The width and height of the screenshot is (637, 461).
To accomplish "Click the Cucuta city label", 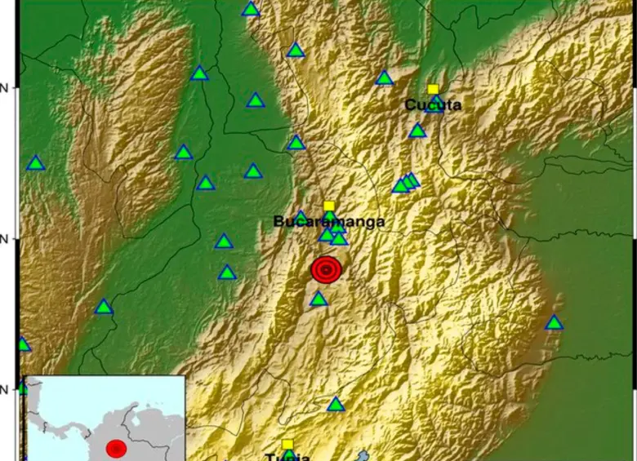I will tap(433, 104).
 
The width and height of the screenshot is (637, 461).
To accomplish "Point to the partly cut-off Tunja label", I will tap(287, 456).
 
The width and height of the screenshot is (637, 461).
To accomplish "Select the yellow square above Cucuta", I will tap(433, 89).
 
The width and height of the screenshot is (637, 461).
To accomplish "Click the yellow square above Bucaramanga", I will tap(328, 206).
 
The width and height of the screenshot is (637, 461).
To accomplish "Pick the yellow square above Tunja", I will tap(287, 444).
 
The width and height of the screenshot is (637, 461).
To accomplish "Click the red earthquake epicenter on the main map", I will tap(326, 269).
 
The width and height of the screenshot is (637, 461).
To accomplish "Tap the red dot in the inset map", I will tap(116, 448).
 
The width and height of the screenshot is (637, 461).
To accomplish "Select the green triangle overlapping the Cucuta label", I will tap(436, 104).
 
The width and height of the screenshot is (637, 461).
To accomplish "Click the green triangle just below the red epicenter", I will tap(318, 299).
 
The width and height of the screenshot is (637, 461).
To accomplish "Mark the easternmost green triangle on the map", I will tap(554, 323).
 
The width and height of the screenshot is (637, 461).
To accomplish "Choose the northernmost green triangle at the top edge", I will tap(251, 10).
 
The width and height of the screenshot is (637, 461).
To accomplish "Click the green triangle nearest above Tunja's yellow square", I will tap(336, 405).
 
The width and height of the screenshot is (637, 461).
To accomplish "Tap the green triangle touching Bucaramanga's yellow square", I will tap(329, 217).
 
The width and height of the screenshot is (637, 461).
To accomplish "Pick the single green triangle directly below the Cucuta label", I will tap(417, 131).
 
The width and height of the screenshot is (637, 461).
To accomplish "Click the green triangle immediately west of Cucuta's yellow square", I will tap(384, 79).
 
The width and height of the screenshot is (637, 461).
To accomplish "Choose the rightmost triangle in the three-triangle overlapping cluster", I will tap(412, 180).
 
